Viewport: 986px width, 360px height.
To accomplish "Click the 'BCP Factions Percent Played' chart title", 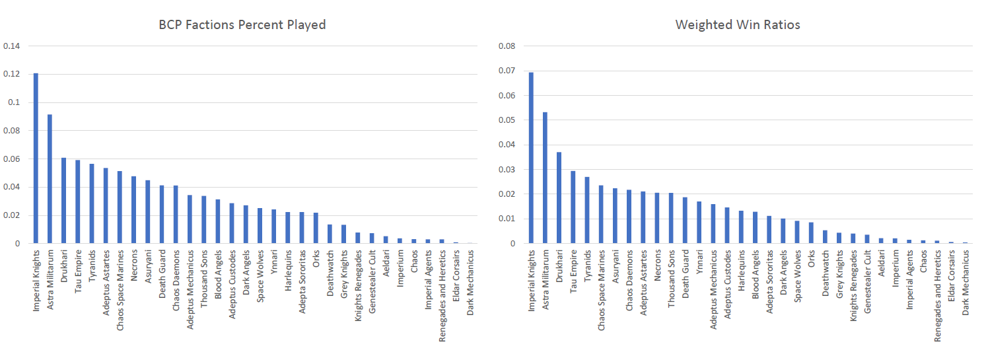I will pyautogui.click(x=242, y=25).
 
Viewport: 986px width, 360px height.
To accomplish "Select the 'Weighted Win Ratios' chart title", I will pyautogui.click(x=738, y=25).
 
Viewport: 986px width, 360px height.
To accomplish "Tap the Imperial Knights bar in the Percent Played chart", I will pyautogui.click(x=36, y=159).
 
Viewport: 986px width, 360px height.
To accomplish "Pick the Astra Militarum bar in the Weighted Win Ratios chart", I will pyautogui.click(x=545, y=178).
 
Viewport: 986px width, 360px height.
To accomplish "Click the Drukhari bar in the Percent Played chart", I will pyautogui.click(x=63, y=201).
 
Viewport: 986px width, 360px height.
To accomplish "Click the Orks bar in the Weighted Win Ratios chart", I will pyautogui.click(x=811, y=233).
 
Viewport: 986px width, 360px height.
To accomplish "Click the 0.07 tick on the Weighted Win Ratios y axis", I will pyautogui.click(x=507, y=71).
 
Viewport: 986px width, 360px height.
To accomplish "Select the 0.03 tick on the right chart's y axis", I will pyautogui.click(x=507, y=170).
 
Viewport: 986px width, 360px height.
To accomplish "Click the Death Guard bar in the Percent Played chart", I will pyautogui.click(x=161, y=215).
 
